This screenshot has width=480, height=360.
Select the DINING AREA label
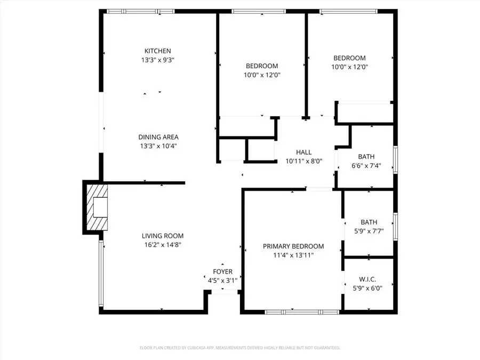click(x=158, y=137)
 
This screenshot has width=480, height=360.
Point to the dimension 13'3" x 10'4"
click(x=158, y=146)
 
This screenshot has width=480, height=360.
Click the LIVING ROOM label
click(x=162, y=236)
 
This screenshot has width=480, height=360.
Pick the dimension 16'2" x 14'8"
click(x=162, y=245)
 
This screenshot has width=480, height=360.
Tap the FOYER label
click(x=222, y=271)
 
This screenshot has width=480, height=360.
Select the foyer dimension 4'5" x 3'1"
click(x=222, y=280)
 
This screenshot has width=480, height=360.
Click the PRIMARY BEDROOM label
click(x=293, y=246)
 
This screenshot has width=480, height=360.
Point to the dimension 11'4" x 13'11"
click(x=293, y=255)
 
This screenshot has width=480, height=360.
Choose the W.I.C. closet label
click(x=368, y=279)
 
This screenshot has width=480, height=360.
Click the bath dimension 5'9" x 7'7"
click(x=369, y=231)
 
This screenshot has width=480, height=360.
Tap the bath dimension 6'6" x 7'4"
click(x=366, y=165)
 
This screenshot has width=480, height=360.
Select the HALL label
click(x=303, y=153)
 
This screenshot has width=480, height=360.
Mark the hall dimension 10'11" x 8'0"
click(x=303, y=161)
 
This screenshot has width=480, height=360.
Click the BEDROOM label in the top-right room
click(x=349, y=58)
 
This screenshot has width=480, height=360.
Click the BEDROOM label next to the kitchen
click(x=261, y=66)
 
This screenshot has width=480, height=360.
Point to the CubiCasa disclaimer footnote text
click(x=239, y=348)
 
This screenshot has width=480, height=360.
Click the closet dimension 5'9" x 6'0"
click(x=368, y=287)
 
